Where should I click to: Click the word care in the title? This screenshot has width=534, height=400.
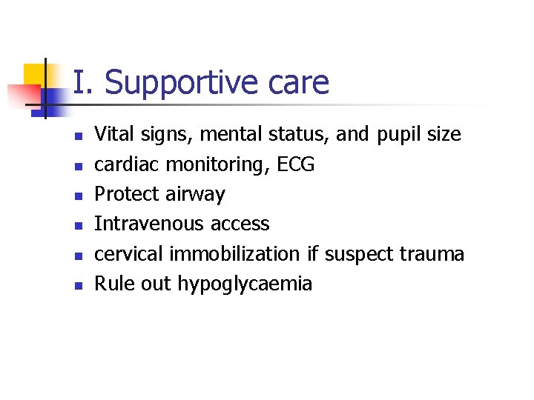(299, 83)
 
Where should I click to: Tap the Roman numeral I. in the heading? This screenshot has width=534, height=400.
(84, 82)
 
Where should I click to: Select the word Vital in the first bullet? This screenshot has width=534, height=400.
(112, 134)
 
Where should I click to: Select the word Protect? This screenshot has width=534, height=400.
(122, 194)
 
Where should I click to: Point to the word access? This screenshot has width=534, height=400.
(240, 224)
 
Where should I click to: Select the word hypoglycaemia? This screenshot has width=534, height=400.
(245, 284)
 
